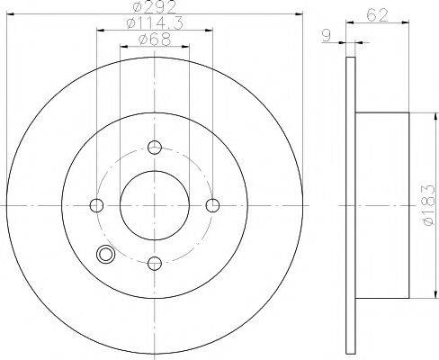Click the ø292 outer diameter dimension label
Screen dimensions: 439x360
pos(155,6)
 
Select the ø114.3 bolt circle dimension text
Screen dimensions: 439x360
pos(155,23)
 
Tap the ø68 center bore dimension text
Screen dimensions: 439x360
pos(155,40)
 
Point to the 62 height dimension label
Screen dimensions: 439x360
pos(377,15)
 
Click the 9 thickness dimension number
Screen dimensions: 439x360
pos(326,36)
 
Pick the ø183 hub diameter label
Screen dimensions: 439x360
pos(428,205)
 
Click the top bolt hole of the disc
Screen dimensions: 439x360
pos(155,148)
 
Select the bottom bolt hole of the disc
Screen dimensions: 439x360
pos(155,264)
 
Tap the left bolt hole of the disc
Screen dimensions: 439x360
pos(96,205)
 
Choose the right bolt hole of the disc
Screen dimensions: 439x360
pos(212,205)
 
